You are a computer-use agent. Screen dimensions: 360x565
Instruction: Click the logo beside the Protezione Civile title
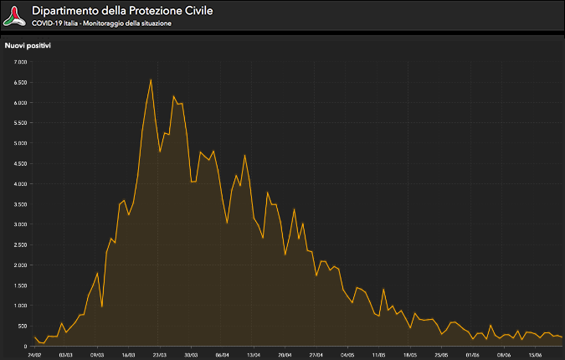14,15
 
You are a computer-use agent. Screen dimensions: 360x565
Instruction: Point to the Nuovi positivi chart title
28,45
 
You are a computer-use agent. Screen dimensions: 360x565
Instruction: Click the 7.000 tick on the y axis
20,62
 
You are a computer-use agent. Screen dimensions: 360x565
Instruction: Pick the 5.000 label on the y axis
20,143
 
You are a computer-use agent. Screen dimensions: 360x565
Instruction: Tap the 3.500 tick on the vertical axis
20,204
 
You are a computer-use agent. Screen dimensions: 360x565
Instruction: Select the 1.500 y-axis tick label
20,285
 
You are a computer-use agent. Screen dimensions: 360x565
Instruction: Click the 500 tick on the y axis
23,326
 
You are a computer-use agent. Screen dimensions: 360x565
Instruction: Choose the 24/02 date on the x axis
33,354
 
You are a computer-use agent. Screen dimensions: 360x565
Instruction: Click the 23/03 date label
159,354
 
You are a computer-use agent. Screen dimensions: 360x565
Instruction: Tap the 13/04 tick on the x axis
254,354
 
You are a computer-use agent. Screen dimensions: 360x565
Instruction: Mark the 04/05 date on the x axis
347,354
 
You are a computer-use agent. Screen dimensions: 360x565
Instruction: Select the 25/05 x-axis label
442,354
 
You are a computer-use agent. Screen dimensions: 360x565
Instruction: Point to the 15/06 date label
536,354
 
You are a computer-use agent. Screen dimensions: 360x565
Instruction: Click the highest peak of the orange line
151,80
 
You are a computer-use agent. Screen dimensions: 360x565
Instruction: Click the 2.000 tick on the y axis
20,265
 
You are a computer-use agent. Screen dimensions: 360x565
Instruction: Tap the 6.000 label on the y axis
20,103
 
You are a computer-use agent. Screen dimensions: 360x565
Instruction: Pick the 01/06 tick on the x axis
473,354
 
